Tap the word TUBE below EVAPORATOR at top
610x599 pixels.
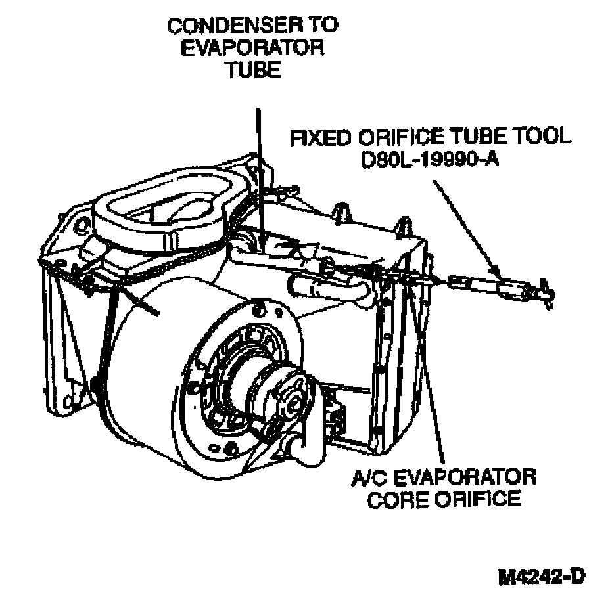(253, 70)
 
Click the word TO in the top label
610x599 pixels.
(323, 26)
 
